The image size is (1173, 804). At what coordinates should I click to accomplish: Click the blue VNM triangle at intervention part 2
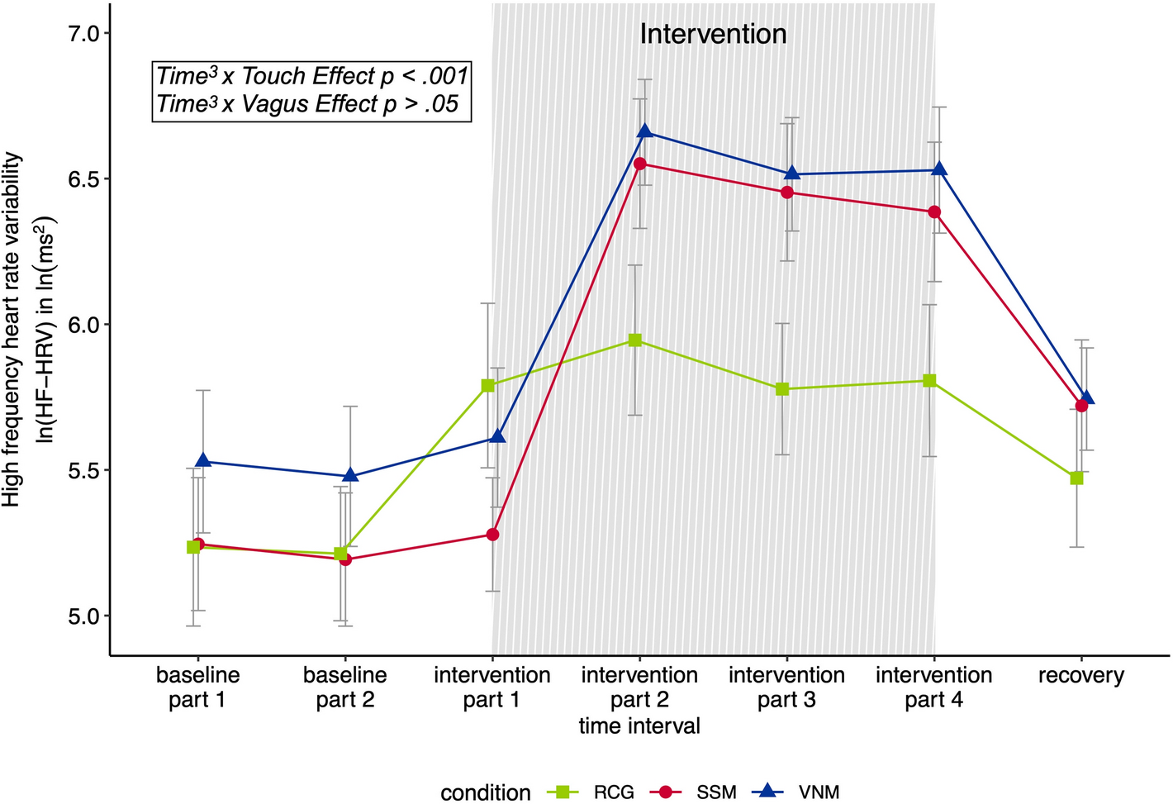coord(645,131)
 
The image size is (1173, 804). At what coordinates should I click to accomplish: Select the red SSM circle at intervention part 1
coord(492,535)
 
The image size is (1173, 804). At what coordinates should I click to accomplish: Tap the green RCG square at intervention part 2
coord(634,340)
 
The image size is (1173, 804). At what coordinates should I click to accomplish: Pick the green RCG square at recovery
coord(1076,478)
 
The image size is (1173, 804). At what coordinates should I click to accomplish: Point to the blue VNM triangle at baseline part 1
coord(203,460)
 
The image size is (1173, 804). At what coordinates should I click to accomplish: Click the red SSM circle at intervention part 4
coord(934,212)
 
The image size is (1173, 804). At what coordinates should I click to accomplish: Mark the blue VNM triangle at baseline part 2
coord(350,475)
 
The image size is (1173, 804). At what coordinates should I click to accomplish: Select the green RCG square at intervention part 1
coord(488,385)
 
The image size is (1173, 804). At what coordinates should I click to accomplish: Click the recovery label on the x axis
coord(1080,676)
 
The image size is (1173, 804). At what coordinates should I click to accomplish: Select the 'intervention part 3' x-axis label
coord(786,687)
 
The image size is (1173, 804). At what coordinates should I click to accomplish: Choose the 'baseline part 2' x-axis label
coord(345,687)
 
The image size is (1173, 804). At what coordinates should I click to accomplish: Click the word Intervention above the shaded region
coord(713,34)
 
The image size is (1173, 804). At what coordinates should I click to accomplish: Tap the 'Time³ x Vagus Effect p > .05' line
coord(307,105)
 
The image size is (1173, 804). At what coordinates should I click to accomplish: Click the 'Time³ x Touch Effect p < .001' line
coord(312,77)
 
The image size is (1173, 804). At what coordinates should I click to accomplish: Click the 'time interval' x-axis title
coord(639,726)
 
